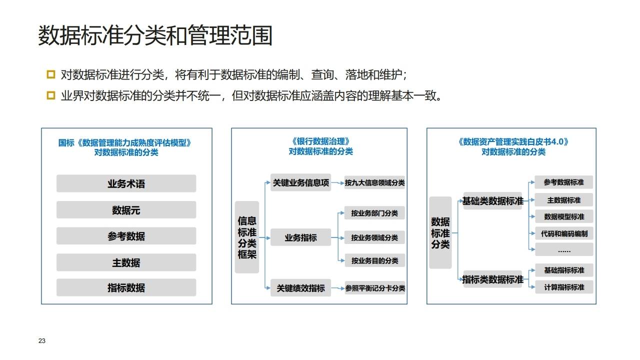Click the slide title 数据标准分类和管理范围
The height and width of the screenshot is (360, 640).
point(155,35)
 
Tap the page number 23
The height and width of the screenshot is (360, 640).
point(42,341)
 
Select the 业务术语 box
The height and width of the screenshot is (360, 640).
point(126,183)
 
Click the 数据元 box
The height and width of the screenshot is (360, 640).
point(126,210)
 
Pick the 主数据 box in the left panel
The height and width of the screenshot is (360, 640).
point(126,262)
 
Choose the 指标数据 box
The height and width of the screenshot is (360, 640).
point(126,287)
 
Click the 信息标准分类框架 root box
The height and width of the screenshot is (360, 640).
point(247,237)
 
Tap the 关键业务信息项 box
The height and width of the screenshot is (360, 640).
point(300,183)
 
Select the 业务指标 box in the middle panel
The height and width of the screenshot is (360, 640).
point(300,237)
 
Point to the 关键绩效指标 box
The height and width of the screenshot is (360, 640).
point(300,288)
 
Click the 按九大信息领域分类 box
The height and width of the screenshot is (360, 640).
point(374,183)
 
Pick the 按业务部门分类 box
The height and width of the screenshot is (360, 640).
point(374,213)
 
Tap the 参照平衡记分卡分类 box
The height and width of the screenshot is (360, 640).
point(375,288)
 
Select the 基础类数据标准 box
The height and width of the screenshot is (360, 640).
point(492,201)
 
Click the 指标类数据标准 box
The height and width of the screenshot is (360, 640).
point(492,279)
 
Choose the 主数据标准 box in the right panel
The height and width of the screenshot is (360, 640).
point(564,200)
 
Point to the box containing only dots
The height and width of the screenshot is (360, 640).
point(564,249)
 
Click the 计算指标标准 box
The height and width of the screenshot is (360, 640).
point(564,287)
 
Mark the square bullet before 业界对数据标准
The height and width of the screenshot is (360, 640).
point(50,95)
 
